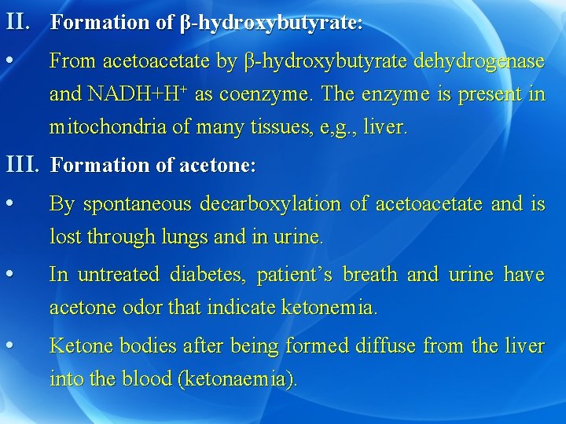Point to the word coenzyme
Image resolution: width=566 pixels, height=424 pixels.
(265, 93)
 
